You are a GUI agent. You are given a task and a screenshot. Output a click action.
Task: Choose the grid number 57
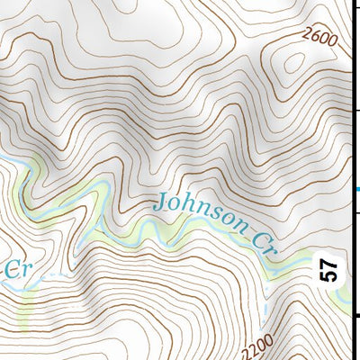(x=329, y=269)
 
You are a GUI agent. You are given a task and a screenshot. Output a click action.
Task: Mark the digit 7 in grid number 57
(x=329, y=264)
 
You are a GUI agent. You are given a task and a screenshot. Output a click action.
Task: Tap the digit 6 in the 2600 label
(x=314, y=40)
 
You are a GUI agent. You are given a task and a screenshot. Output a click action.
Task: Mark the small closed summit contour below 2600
(x=290, y=64)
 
